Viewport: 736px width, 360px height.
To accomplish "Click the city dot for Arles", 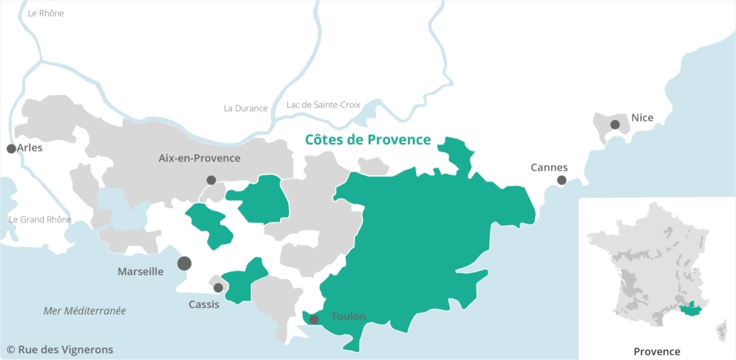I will pos(11,149).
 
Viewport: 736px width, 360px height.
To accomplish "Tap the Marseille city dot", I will pos(184,263).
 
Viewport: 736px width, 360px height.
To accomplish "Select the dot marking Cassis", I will pos(218,288).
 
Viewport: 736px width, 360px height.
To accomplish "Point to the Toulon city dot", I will pos(314,319).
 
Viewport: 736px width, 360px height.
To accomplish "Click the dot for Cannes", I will pos(562,180).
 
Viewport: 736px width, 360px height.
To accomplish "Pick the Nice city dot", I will pos(615,124).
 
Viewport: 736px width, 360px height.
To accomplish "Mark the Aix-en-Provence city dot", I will pos(211,180).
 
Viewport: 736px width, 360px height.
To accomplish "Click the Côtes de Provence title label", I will pos(367,140).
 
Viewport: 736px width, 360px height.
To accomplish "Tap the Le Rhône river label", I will pos(46,13).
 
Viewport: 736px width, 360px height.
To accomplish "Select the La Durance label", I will pos(245,109).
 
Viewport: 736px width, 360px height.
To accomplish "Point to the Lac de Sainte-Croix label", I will pos(323,105).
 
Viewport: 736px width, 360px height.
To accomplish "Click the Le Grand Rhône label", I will pos(40,219).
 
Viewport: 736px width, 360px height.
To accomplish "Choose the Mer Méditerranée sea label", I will pos(84,311).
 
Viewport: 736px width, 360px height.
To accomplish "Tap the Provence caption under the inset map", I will pos(657,351).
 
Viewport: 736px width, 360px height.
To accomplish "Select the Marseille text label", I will pos(140,271).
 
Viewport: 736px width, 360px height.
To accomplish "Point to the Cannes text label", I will pos(549,167).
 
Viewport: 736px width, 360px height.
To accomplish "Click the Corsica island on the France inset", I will pos(721,329).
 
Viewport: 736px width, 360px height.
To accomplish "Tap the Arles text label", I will pos(31,148).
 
